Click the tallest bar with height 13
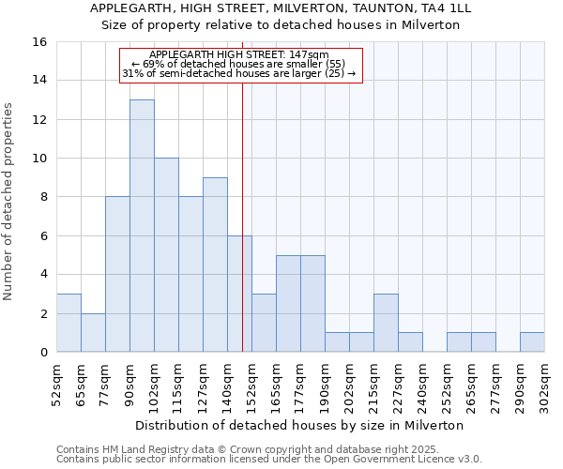[x=142, y=225]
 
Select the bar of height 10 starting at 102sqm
[x=166, y=255]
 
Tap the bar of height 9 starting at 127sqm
[x=215, y=265]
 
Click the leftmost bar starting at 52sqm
[x=68, y=323]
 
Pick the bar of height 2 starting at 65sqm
[x=93, y=332]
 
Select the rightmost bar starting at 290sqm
[x=532, y=342]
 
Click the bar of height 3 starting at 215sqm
[x=386, y=323]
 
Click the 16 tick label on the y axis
[x=39, y=42]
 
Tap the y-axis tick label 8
[x=43, y=197]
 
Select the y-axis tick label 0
[x=43, y=352]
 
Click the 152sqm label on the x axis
[x=251, y=382]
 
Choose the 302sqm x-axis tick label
[x=544, y=382]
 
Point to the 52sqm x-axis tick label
[x=56, y=382]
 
